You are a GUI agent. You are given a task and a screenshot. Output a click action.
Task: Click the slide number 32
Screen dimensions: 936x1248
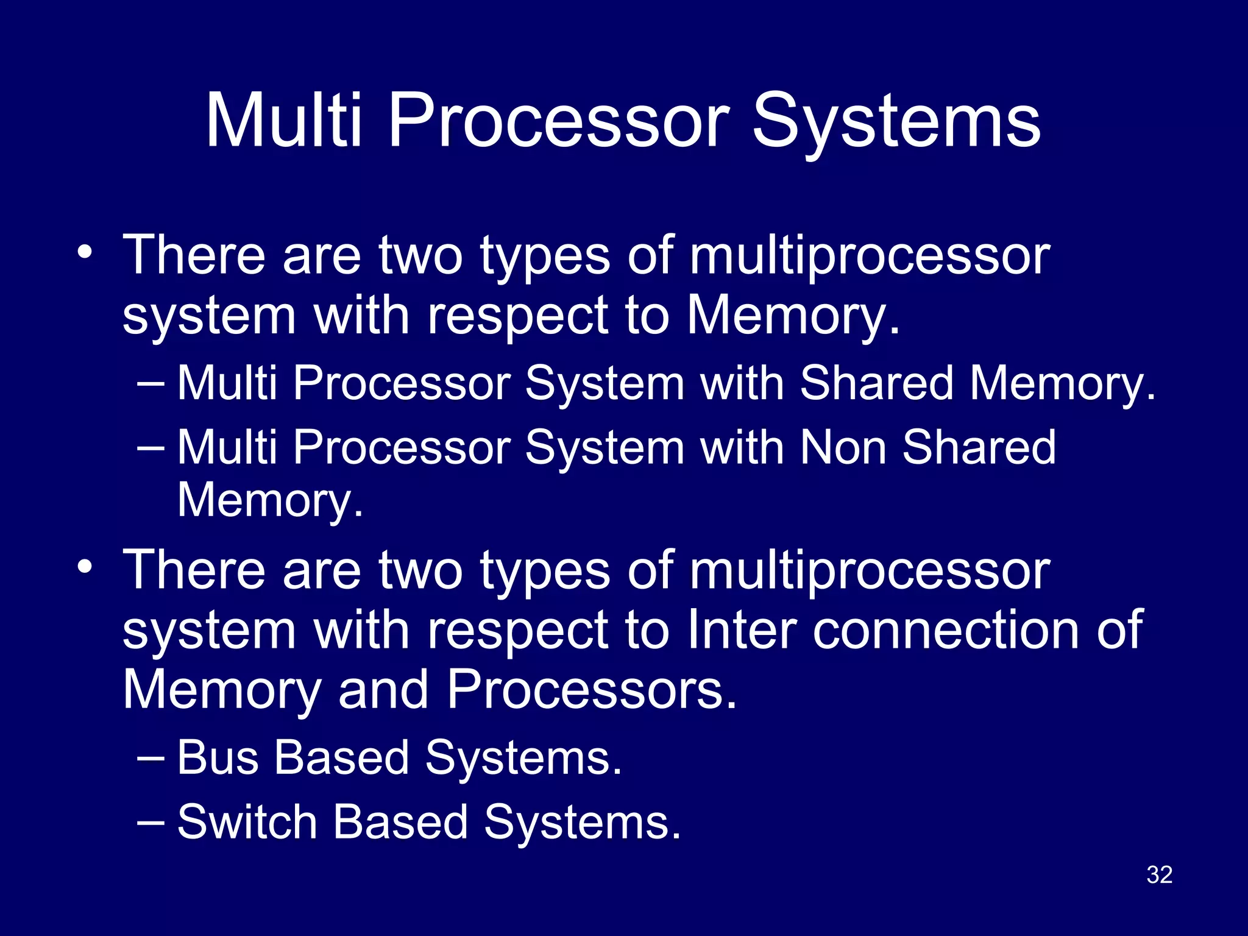(1159, 874)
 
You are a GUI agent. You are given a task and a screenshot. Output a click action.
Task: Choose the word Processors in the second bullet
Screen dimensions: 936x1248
(591, 690)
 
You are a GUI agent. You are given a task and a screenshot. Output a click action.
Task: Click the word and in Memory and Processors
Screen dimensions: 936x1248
(383, 690)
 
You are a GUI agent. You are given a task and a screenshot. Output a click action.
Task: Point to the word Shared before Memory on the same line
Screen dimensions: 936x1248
(876, 384)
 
